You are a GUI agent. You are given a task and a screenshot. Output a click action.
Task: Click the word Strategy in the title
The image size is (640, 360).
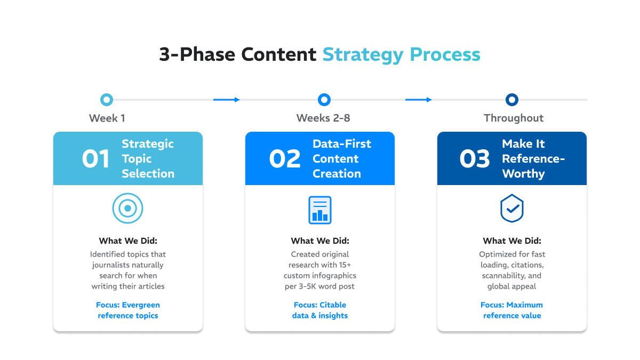[x=363, y=55]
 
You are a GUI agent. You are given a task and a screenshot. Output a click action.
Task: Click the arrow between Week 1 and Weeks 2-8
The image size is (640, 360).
[x=226, y=100]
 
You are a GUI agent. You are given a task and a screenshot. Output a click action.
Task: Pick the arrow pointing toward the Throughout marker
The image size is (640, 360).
[x=418, y=100]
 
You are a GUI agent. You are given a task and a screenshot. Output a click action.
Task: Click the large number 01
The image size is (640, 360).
[x=95, y=159]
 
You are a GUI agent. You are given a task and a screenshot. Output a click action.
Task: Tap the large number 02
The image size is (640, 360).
[x=285, y=159]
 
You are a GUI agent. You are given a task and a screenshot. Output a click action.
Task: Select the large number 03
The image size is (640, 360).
[x=475, y=159]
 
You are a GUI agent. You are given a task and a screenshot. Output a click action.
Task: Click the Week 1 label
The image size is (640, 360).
[x=107, y=118]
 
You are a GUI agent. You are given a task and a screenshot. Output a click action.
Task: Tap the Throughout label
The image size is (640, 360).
[x=514, y=118]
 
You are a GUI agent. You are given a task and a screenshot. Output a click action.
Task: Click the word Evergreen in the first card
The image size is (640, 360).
[x=141, y=305]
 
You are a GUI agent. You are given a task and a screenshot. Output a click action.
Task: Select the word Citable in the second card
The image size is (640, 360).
[x=333, y=305]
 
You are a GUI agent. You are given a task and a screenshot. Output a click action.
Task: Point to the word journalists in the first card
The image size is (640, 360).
[x=111, y=265]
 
